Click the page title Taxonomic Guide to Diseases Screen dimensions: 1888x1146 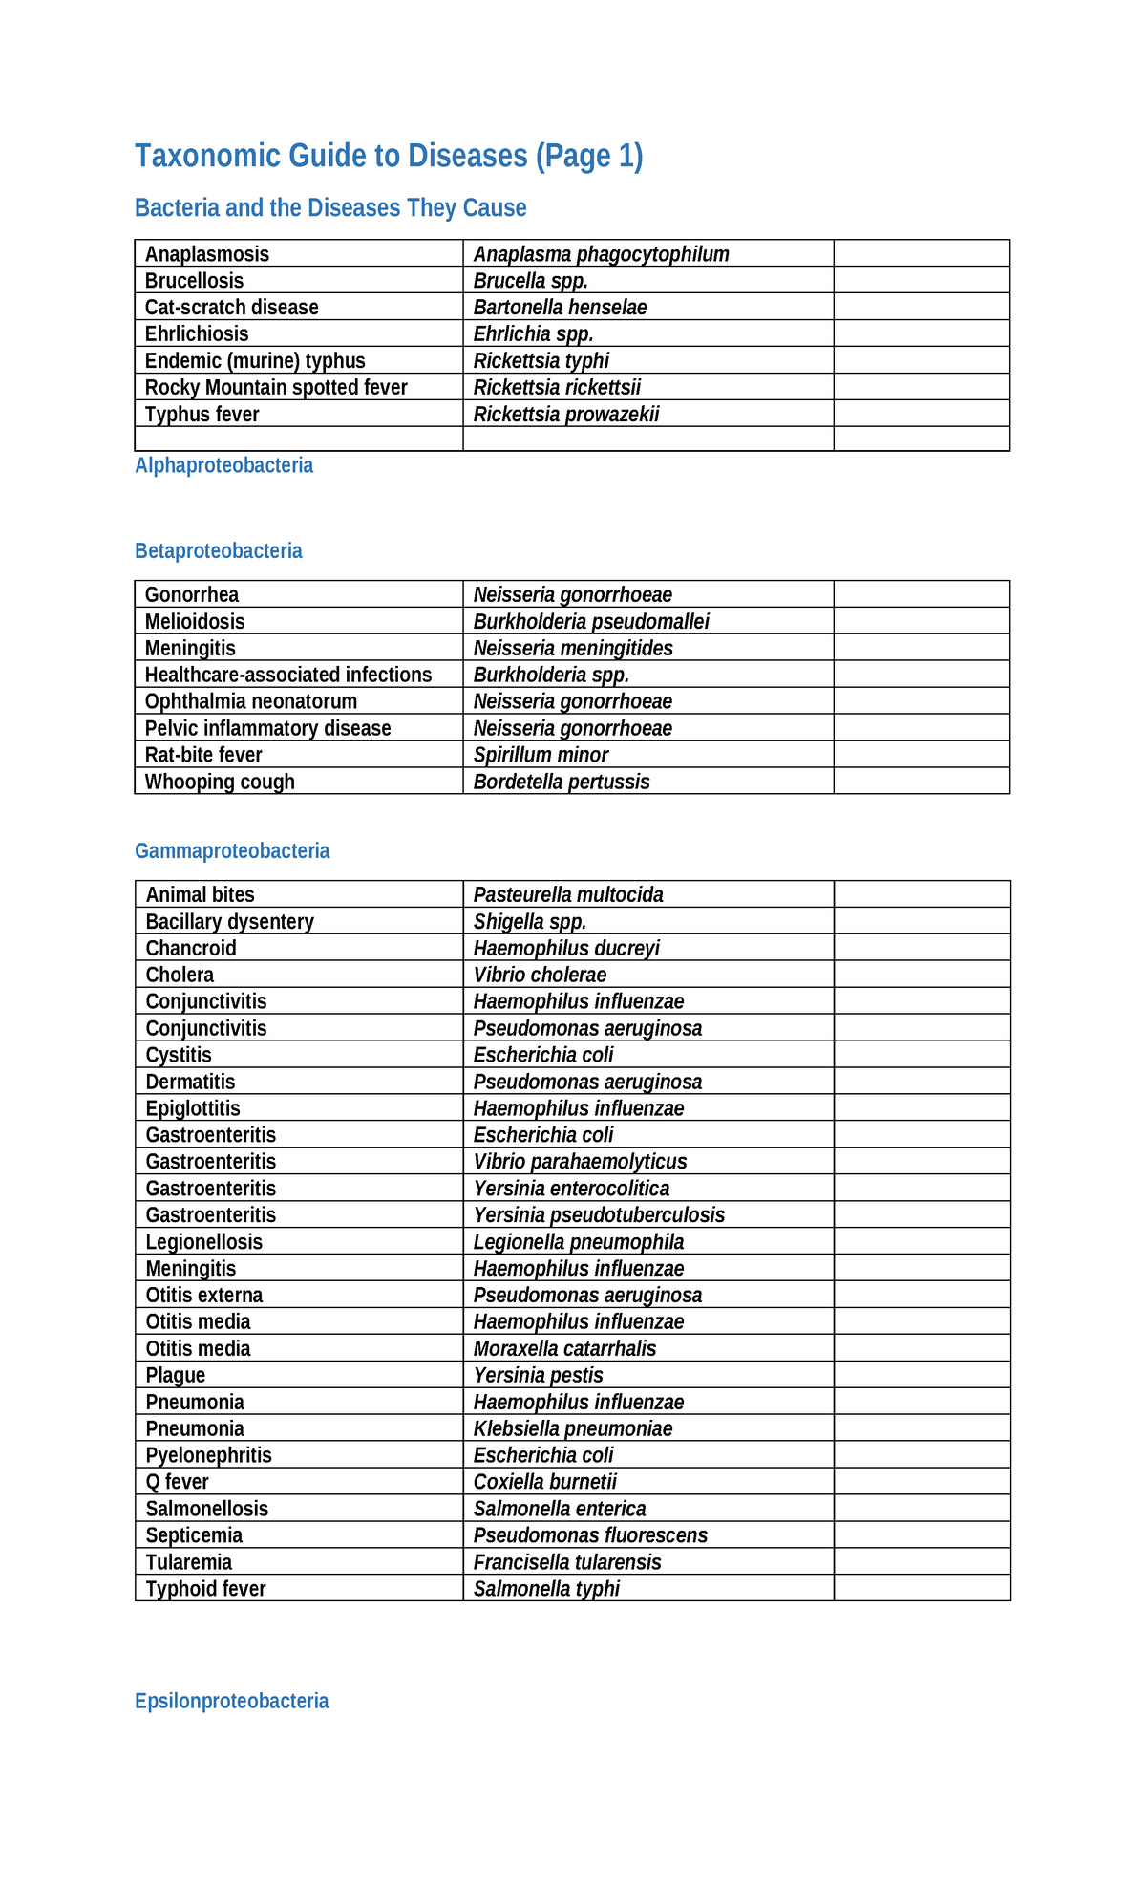tap(388, 156)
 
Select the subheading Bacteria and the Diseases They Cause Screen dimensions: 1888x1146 tap(330, 208)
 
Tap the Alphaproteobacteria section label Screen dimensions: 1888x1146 tap(223, 465)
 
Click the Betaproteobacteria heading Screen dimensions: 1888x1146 tap(219, 551)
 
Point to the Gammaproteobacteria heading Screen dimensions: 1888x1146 tap(232, 851)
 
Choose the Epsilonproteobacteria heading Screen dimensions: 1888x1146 tap(232, 1701)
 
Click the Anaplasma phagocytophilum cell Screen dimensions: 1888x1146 tap(601, 254)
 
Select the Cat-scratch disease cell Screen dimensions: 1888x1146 tap(232, 308)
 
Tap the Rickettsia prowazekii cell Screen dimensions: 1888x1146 tap(566, 415)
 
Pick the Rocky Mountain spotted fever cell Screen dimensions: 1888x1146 tap(276, 388)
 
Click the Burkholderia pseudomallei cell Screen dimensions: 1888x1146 tap(591, 622)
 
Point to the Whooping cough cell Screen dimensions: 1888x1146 tap(220, 782)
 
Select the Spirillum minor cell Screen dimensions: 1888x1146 tap(541, 755)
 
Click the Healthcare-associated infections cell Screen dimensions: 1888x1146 tap(288, 676)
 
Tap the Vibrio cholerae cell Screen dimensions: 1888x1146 tap(540, 976)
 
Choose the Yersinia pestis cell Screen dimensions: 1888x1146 tap(538, 1376)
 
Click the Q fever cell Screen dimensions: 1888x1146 tap(178, 1482)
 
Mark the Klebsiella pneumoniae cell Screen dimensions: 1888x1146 tap(573, 1429)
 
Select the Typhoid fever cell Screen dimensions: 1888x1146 tap(206, 1589)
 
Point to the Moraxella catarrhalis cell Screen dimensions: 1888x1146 tap(564, 1349)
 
